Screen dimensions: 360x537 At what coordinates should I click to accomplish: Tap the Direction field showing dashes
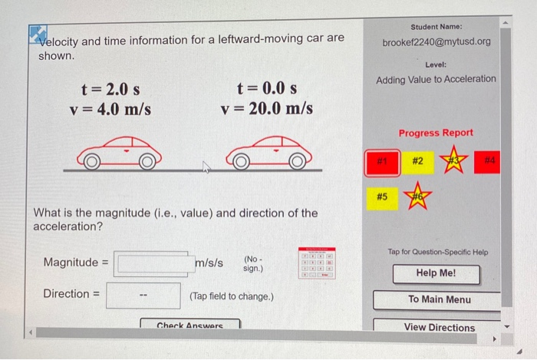click(143, 296)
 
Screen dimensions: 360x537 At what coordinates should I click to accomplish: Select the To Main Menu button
click(440, 299)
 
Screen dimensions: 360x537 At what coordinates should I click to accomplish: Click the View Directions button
click(440, 327)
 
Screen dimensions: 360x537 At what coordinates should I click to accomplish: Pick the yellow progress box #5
click(381, 197)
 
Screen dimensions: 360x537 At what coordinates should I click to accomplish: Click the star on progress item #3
click(453, 161)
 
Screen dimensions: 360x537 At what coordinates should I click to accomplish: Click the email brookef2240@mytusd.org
click(435, 41)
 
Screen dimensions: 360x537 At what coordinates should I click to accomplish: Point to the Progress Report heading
click(436, 133)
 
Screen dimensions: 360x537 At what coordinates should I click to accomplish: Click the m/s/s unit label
click(209, 263)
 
